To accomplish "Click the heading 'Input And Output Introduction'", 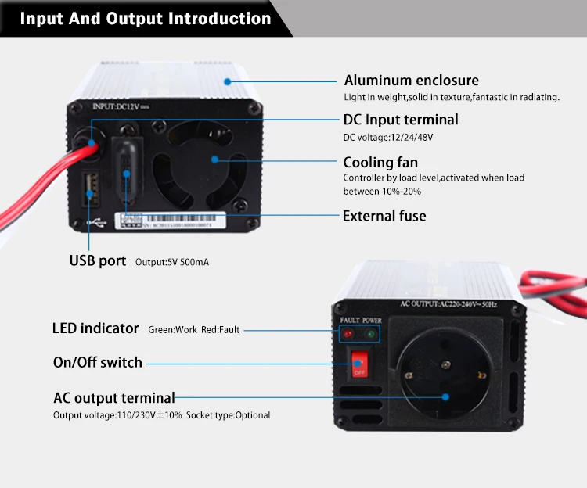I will tap(145, 18).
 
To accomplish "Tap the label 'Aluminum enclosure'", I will tap(411, 81).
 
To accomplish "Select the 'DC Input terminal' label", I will tap(401, 120).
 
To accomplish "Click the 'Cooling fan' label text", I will tap(380, 163).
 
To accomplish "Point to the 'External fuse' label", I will tap(384, 216).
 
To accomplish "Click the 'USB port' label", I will tap(98, 260).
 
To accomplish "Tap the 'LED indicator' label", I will tap(95, 328).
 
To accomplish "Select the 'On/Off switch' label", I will tap(98, 362).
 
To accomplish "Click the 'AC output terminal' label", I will tap(114, 398).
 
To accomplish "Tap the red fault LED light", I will tap(348, 334).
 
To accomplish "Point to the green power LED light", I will tap(370, 334).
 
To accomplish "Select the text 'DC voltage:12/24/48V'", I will tap(388, 138).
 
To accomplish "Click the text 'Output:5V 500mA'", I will tap(172, 262).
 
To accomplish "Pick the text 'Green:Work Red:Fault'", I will tap(194, 330).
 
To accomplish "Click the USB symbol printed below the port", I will tap(95, 223).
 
